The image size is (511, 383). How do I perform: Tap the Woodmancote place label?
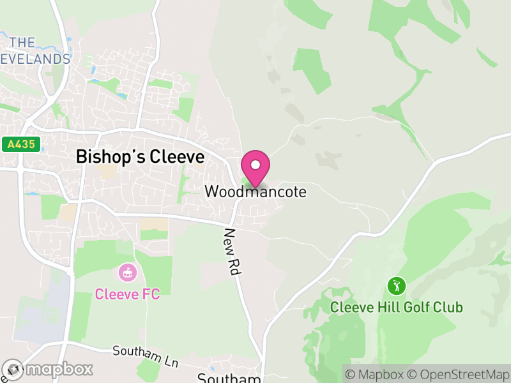pos(256,191)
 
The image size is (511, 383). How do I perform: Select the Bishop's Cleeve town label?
pos(140,156)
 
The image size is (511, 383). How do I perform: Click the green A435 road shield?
pos(21,145)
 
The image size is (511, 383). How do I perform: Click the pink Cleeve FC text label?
pos(127,294)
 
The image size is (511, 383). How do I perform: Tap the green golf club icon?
pos(396,285)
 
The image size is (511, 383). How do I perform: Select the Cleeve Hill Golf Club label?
pos(396,307)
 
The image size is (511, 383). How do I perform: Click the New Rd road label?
pos(232,252)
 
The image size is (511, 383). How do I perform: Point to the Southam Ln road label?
pos(145,356)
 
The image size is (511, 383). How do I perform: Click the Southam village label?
pos(229,378)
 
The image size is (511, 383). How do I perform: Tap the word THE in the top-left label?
pos(22,43)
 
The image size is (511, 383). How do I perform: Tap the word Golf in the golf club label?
pos(396,307)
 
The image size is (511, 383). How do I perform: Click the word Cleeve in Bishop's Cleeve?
pos(175,156)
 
